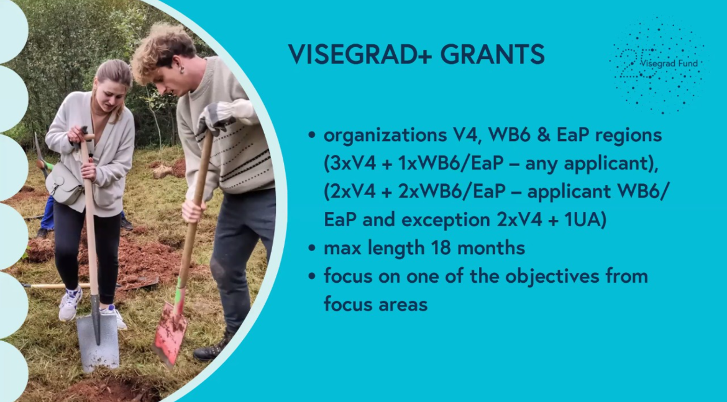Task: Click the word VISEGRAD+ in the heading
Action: [360, 55]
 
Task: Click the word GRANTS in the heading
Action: [492, 55]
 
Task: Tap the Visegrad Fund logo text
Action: [669, 63]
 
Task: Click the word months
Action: [492, 247]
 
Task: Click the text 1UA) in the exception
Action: [585, 220]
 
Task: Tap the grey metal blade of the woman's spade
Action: [98, 342]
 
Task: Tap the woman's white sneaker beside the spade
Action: [70, 304]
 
